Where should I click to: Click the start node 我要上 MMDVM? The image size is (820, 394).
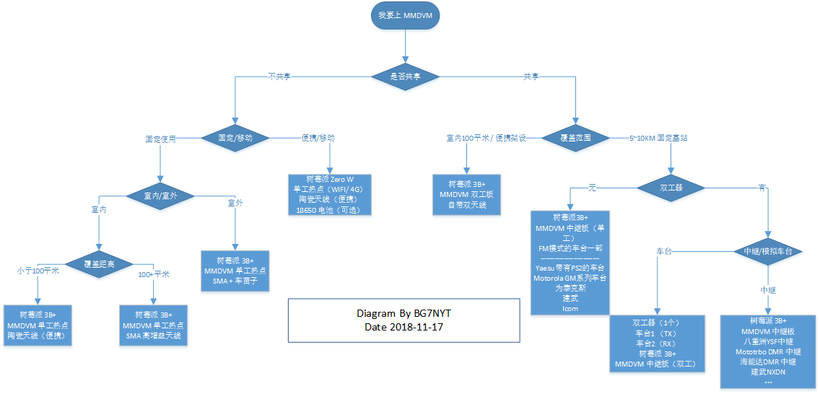(x=405, y=16)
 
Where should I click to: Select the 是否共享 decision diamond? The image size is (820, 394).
(x=405, y=76)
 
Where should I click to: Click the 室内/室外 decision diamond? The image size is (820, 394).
(x=160, y=195)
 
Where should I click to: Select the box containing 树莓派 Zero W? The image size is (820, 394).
(x=329, y=194)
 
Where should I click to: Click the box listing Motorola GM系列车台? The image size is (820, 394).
(x=570, y=263)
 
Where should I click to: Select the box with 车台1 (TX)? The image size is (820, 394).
(x=655, y=344)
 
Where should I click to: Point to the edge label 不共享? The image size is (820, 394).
(x=282, y=76)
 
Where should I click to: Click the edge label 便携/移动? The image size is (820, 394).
(x=318, y=137)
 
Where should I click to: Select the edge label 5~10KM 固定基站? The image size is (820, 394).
(x=660, y=137)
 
